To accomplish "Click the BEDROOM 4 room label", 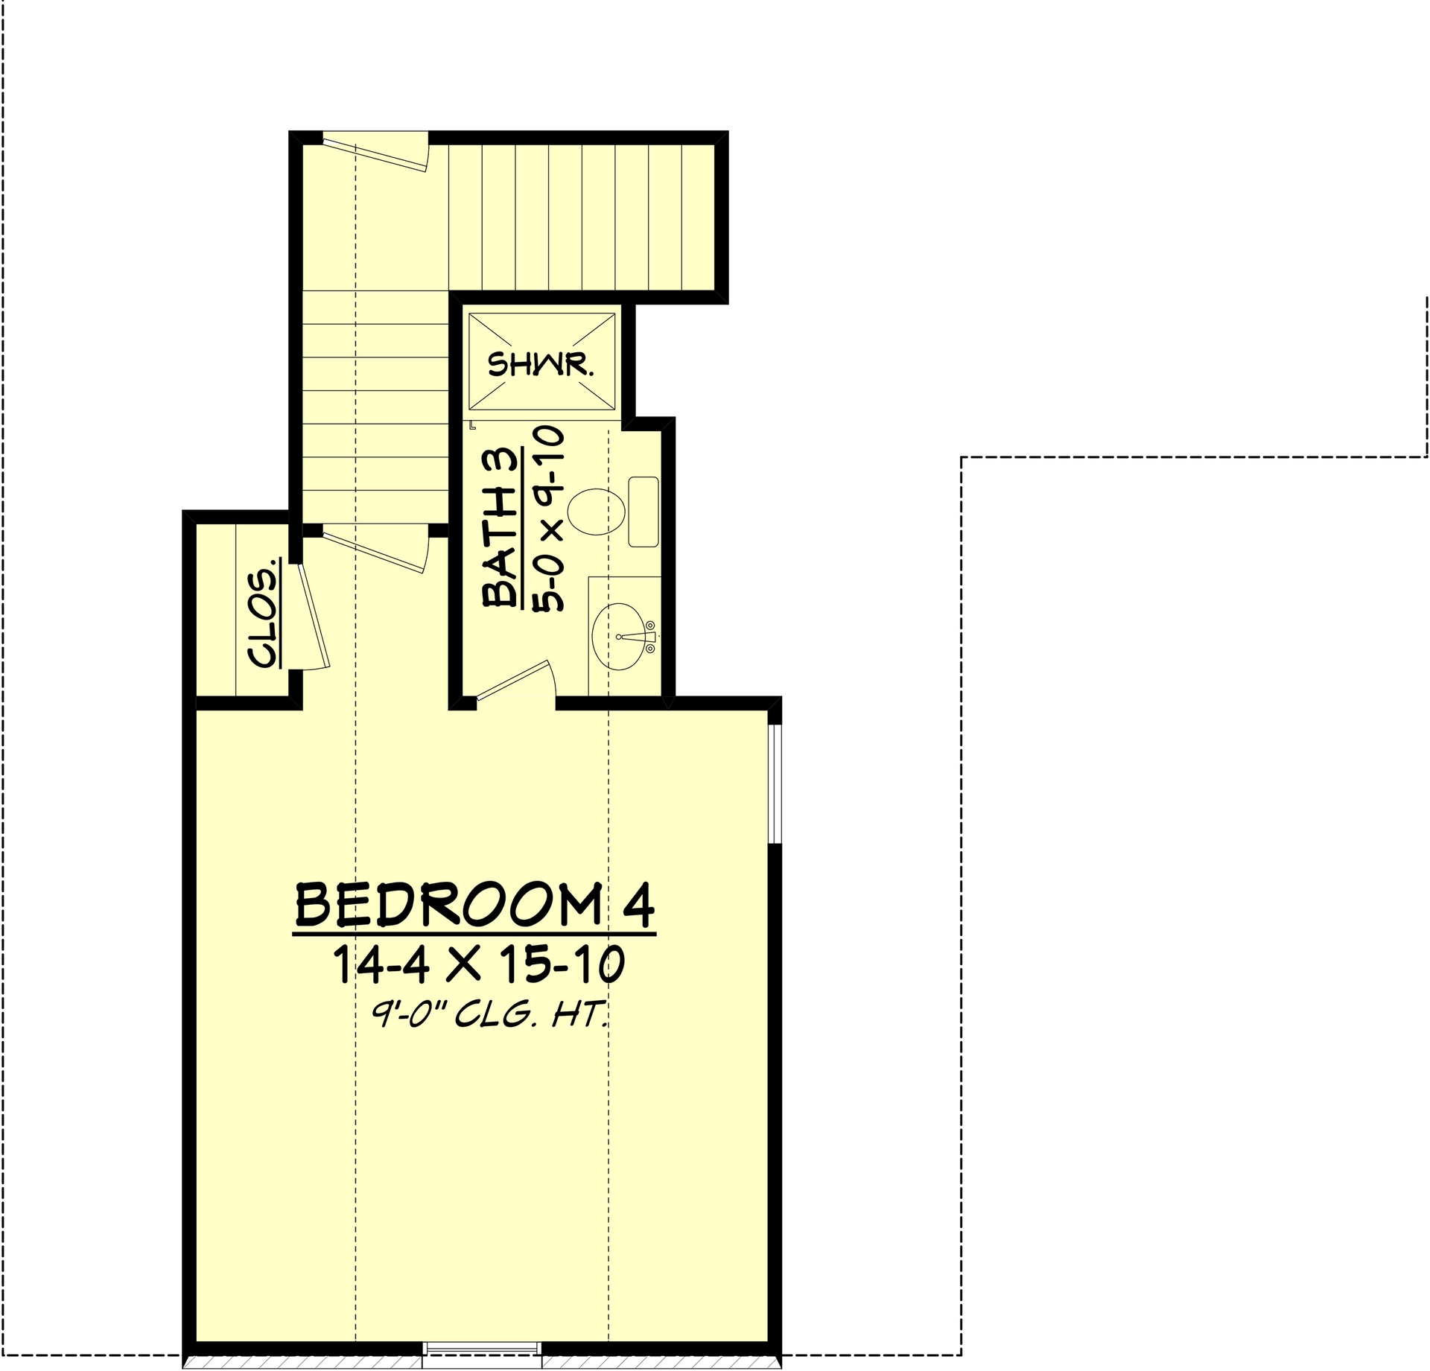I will pyautogui.click(x=475, y=906).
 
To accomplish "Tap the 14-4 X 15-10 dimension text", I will pyautogui.click(x=477, y=965).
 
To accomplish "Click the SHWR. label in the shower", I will pyautogui.click(x=541, y=365).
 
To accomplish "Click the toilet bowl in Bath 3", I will pyautogui.click(x=596, y=512).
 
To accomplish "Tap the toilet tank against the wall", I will pyautogui.click(x=643, y=512).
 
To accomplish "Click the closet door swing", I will pyautogui.click(x=314, y=618).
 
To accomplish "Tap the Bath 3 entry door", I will pyautogui.click(x=514, y=680).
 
